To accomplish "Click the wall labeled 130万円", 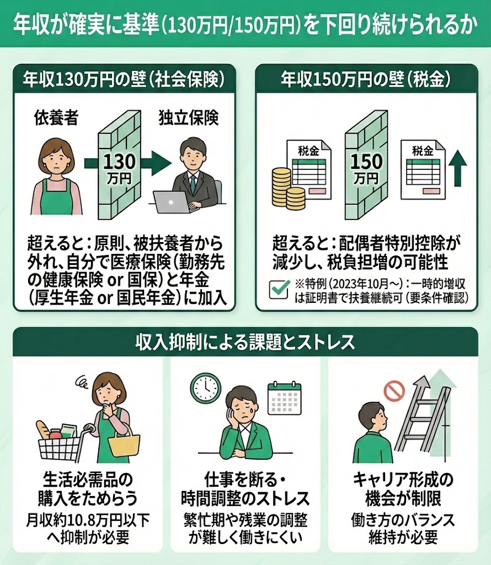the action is (119, 164).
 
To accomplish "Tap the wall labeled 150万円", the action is (366, 164).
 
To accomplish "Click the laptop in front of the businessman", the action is (172, 202).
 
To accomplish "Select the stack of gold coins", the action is (287, 188).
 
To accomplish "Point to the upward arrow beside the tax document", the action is (457, 168).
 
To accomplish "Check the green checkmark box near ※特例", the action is (279, 289).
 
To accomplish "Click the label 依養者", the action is (56, 118).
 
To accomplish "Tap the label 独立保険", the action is (189, 118).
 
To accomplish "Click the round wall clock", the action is (206, 388).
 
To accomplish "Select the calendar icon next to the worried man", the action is (284, 398).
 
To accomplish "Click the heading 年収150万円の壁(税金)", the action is (366, 79).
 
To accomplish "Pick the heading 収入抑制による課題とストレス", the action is (245, 342).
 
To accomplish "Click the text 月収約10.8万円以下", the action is (88, 520).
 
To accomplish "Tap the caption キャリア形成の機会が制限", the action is (403, 489).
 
